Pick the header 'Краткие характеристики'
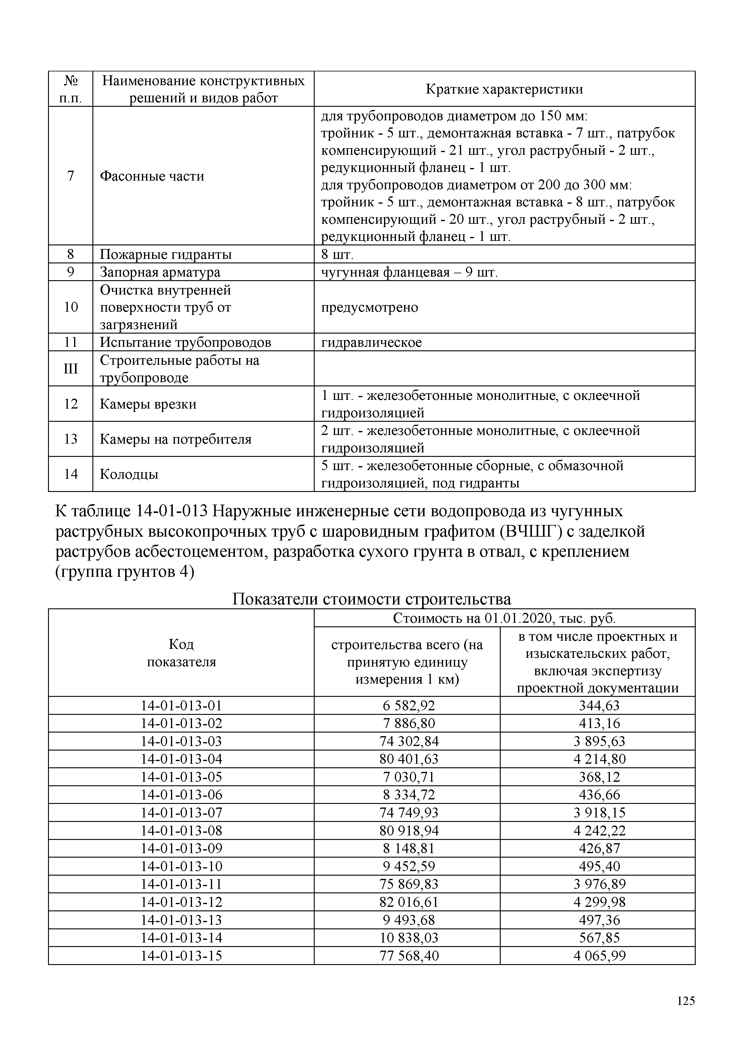504,89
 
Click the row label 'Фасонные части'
151,176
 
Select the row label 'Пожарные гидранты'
165,254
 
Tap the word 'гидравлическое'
371,342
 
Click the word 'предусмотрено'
369,307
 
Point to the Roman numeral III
70,368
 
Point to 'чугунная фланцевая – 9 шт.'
409,272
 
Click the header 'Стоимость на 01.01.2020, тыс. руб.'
504,618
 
